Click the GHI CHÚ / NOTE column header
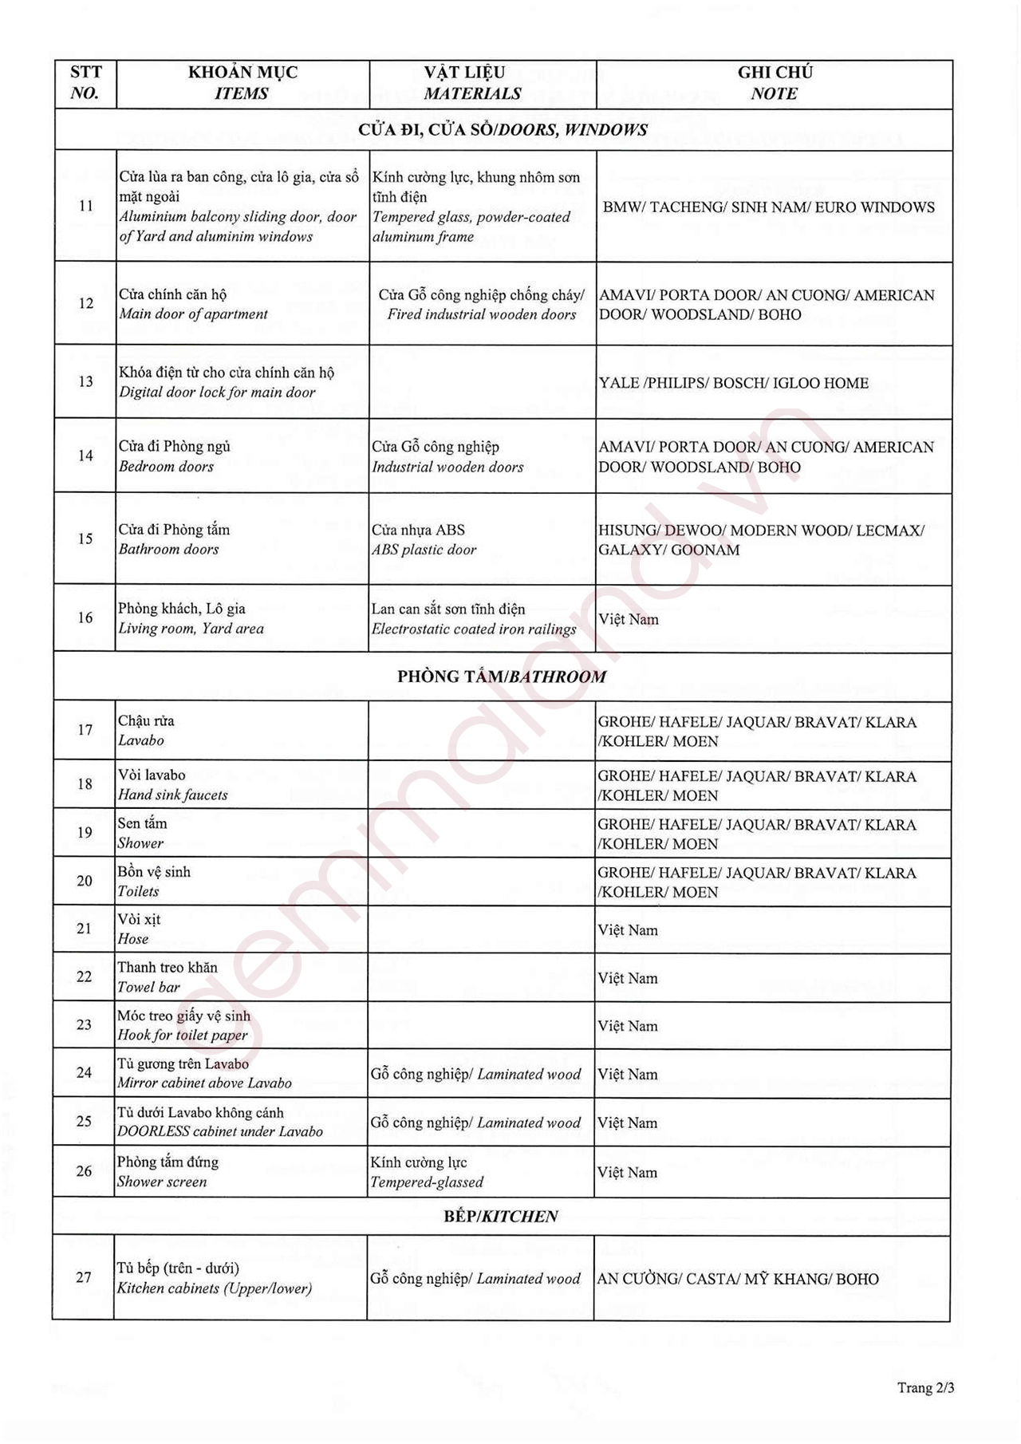point(775,83)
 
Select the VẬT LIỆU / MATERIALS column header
point(472,83)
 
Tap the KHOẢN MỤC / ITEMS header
point(242,83)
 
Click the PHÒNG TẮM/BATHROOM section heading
point(502,677)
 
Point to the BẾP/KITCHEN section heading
point(501,1216)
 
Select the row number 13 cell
point(85,381)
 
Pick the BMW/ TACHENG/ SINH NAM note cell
point(768,207)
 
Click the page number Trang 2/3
point(925,1387)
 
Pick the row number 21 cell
point(85,929)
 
